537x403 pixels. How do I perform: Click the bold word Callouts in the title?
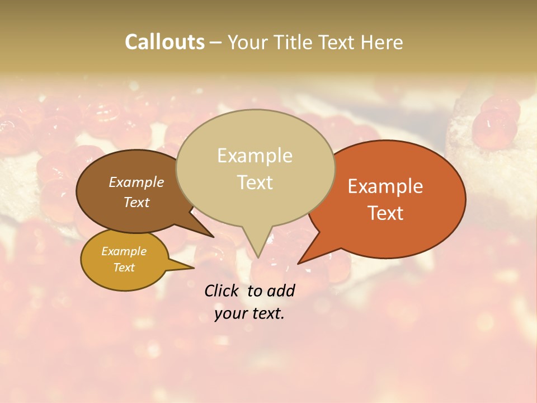164,42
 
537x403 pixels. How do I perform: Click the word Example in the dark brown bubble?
136,182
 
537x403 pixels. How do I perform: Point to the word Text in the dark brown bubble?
136,202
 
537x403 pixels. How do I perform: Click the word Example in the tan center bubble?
255,156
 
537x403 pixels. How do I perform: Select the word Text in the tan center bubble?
255,182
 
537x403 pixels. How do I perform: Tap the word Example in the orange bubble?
385,186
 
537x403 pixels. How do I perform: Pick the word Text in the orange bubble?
385,213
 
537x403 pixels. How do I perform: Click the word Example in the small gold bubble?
124,251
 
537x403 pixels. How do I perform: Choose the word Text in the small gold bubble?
124,268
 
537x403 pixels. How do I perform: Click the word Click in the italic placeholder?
222,290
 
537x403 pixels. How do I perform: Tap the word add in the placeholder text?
281,290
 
